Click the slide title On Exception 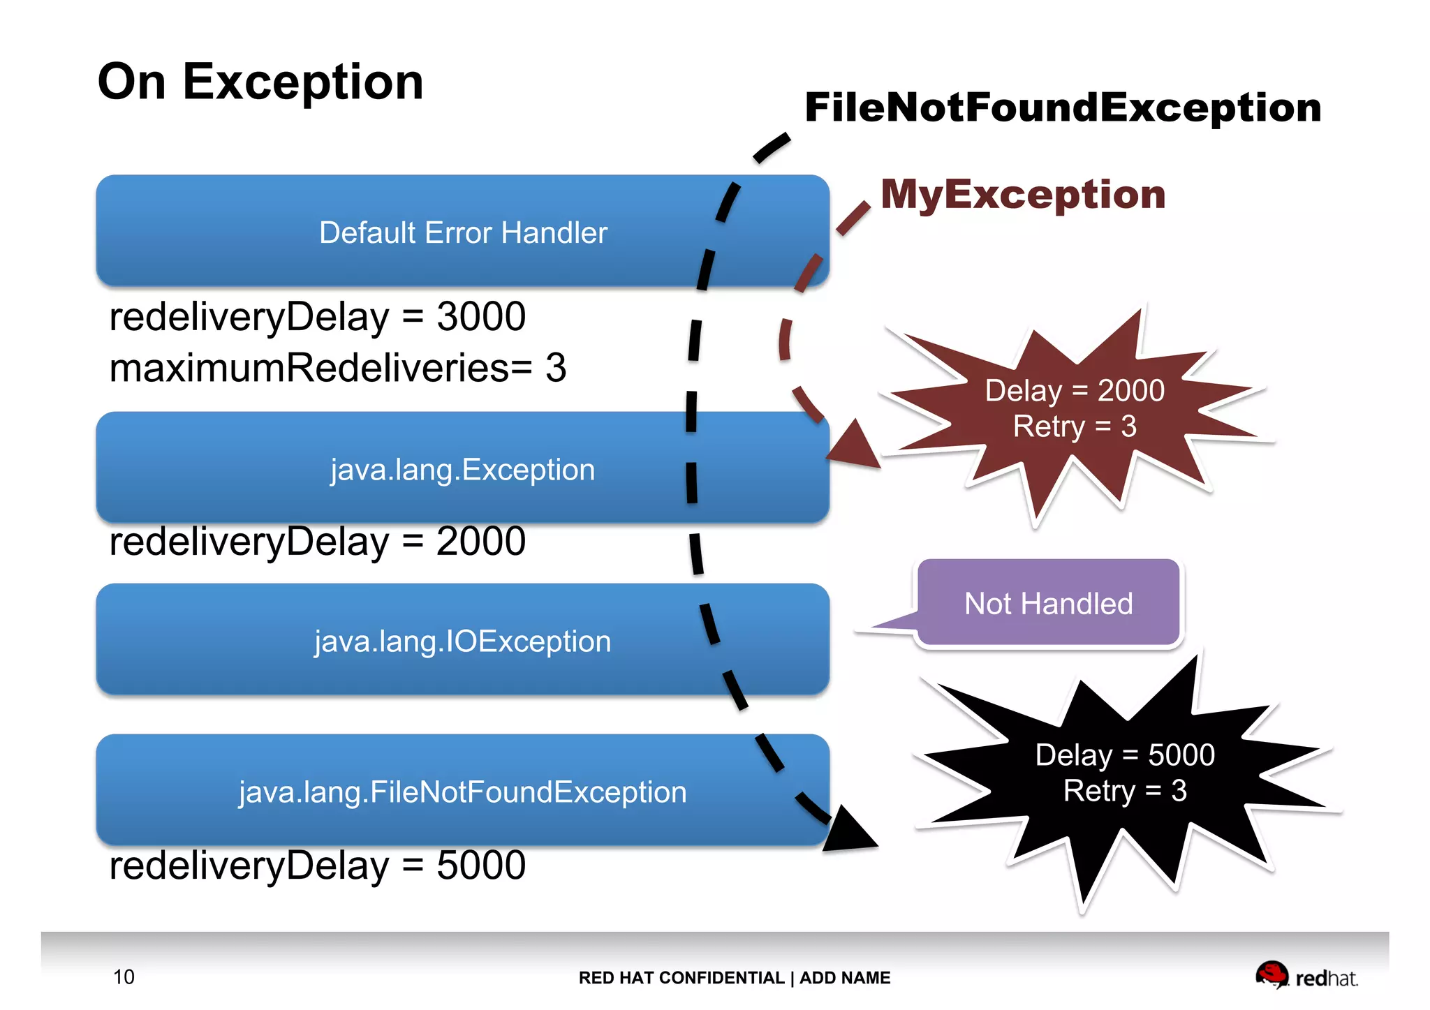pos(260,82)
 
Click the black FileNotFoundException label pos(1062,107)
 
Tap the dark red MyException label pos(1023,194)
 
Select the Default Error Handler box pos(462,232)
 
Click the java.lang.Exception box pos(462,469)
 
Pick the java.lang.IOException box pos(462,641)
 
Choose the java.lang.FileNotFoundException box pos(462,792)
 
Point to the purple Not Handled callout pos(1047,603)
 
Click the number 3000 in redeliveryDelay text pos(480,317)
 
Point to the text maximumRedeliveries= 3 pos(337,368)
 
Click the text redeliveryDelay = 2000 pos(317,542)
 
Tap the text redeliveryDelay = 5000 pos(317,866)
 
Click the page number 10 pos(124,976)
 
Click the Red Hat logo pos(1306,975)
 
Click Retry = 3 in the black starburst pos(1124,791)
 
